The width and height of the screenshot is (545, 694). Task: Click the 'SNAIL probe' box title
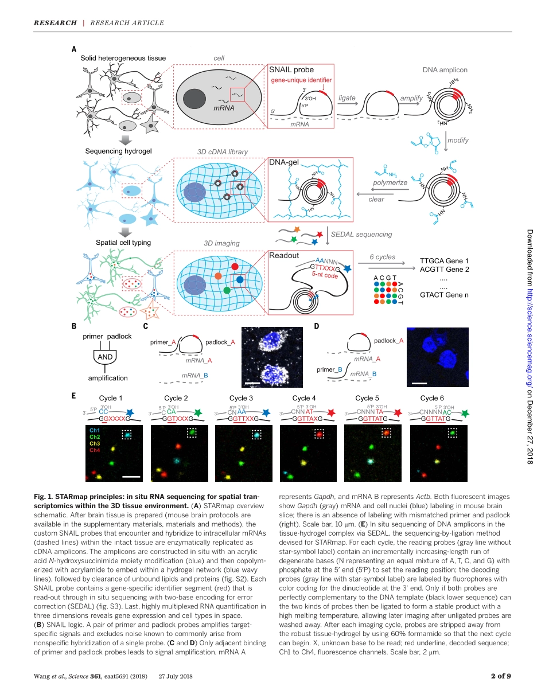click(292, 70)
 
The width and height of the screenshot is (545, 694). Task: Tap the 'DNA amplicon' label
click(445, 70)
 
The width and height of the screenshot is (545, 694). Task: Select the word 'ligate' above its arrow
click(347, 98)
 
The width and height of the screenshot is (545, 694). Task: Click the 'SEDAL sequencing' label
click(361, 234)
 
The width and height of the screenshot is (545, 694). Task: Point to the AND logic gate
click(105, 357)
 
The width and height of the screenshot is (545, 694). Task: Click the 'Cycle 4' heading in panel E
click(304, 398)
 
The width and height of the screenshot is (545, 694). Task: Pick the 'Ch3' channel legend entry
click(95, 444)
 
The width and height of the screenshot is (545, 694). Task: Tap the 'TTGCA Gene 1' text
click(444, 260)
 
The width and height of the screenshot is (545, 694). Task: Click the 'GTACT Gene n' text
click(444, 295)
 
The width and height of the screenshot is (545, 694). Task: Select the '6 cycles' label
click(382, 257)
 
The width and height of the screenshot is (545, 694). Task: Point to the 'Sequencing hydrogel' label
click(118, 151)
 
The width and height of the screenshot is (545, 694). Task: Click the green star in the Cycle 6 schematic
click(464, 412)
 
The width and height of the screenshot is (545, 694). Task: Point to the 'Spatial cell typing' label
click(123, 243)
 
